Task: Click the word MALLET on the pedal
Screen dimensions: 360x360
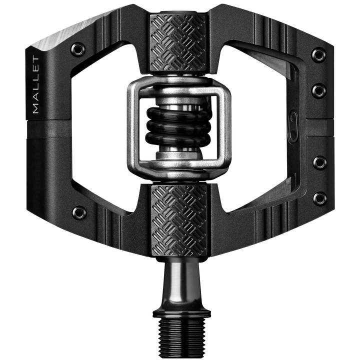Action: coord(36,84)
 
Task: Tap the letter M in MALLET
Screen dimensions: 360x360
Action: coord(36,108)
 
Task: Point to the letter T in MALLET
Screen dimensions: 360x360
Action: coord(36,61)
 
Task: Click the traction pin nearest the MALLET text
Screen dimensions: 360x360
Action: coord(77,48)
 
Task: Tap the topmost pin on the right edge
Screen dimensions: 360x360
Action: coord(318,54)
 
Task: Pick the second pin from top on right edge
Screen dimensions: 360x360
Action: coord(318,90)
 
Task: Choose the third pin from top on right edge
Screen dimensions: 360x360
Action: coord(318,162)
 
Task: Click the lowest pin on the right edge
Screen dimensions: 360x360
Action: coord(318,198)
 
